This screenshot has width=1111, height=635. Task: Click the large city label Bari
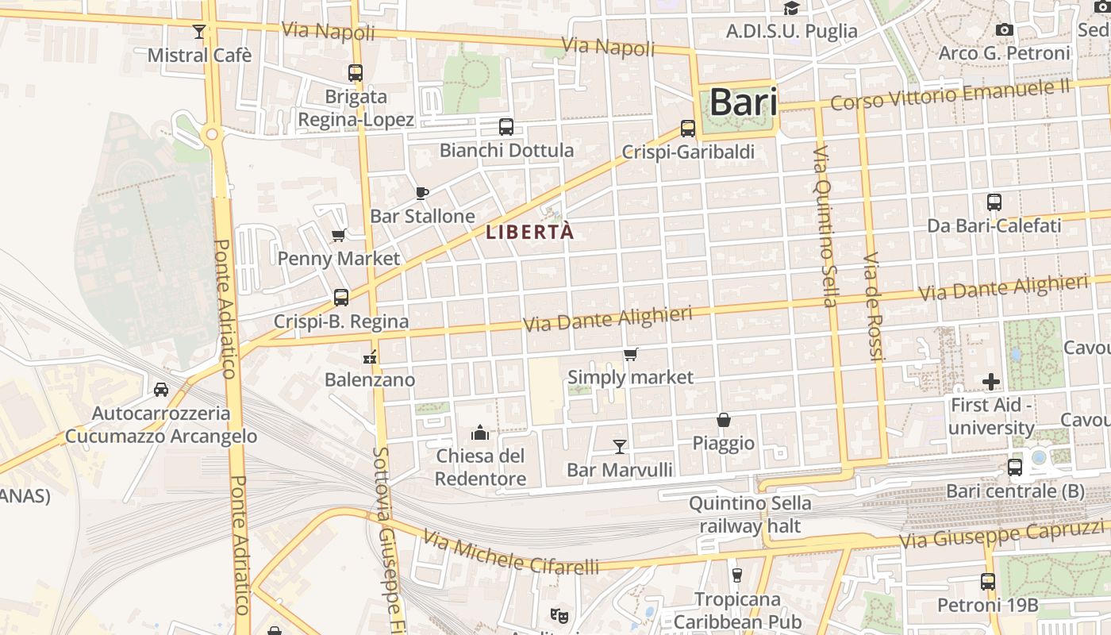coord(743,102)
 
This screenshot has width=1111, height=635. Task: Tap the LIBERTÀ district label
coord(529,233)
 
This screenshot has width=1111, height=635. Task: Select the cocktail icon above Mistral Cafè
coord(198,32)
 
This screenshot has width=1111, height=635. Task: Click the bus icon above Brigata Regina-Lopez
coord(356,73)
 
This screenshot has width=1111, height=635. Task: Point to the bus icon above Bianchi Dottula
coord(506,127)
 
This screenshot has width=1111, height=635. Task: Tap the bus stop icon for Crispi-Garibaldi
coord(688,129)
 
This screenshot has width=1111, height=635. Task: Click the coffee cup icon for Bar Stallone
coord(422,193)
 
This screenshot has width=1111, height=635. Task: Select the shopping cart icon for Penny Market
coord(339,235)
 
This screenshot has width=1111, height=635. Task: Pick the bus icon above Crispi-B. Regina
coord(341,298)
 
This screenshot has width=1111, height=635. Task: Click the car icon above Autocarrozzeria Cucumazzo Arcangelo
coord(161,390)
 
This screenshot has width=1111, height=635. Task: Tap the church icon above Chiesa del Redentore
coord(480,433)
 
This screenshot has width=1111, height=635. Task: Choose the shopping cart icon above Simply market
coord(631,354)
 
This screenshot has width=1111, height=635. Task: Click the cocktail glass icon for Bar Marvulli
coord(620,447)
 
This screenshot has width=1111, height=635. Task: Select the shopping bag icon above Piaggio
coord(724,420)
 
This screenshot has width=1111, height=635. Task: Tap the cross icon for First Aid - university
coord(991,382)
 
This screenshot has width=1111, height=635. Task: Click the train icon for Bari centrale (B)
coord(1015,468)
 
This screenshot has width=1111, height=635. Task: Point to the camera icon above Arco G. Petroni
coord(1005,30)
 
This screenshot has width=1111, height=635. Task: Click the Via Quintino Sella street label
coord(825,226)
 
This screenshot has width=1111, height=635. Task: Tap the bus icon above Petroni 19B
coord(988,582)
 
